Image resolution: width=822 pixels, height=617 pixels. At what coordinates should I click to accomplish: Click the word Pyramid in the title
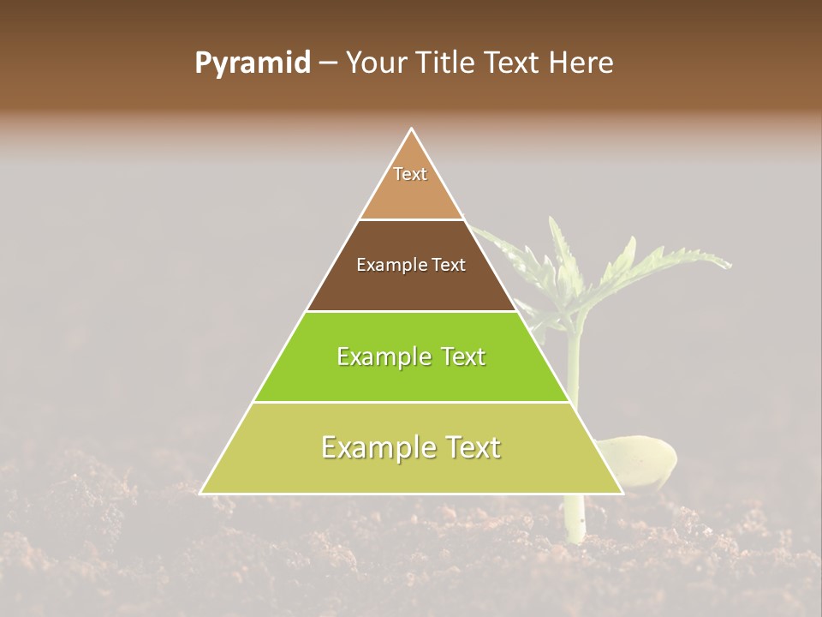tap(252, 63)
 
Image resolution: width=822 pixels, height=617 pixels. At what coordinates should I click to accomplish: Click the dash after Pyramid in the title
tap(327, 63)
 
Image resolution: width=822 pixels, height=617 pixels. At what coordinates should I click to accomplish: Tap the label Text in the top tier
tap(410, 174)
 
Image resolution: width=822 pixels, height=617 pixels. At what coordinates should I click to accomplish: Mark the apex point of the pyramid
tap(412, 129)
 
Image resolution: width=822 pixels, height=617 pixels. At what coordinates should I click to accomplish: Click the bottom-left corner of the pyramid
tap(201, 493)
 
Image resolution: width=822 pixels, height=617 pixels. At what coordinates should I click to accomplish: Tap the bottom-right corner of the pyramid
tap(622, 493)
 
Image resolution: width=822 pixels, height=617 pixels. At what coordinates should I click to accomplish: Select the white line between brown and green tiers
tap(411, 311)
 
